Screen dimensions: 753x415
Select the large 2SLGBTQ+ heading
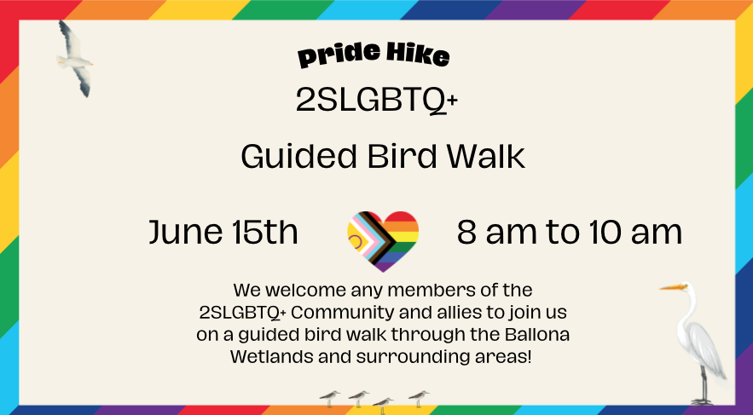click(x=377, y=101)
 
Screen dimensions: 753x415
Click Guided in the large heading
click(x=298, y=156)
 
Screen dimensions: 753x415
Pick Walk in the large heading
click(x=486, y=156)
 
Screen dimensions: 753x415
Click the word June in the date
click(x=186, y=232)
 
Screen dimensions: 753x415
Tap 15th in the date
click(x=264, y=231)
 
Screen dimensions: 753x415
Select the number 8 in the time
click(x=467, y=231)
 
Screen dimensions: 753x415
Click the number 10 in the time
click(x=605, y=231)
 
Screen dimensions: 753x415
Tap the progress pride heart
click(x=383, y=241)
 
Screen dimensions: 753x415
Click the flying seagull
click(x=75, y=59)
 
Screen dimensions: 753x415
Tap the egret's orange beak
click(x=671, y=287)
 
